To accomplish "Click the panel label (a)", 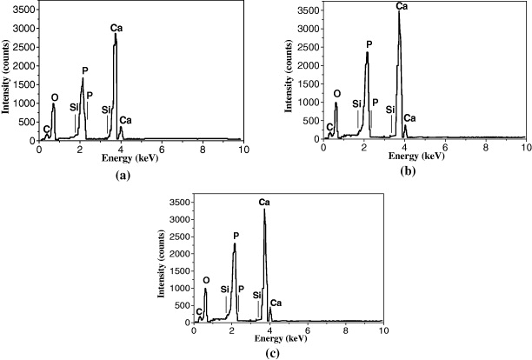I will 121,174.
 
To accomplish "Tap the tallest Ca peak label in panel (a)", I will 116,28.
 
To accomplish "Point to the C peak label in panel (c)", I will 199,311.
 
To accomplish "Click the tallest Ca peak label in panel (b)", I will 401,6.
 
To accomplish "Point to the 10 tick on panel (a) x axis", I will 243,150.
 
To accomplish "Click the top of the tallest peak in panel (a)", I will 116,35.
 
